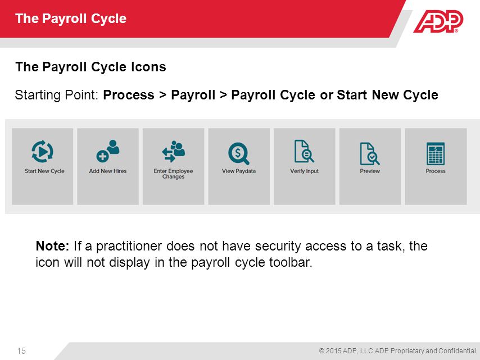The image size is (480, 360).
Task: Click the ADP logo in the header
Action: (x=438, y=21)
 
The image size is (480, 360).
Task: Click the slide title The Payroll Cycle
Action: (x=71, y=19)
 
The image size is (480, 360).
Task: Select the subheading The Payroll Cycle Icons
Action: (x=90, y=67)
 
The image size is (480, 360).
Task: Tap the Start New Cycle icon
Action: (x=43, y=152)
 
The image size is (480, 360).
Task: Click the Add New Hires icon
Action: (x=108, y=151)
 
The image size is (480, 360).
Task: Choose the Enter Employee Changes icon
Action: (x=173, y=151)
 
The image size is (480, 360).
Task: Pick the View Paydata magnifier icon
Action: (x=238, y=153)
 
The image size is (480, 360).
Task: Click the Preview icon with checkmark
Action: (x=369, y=152)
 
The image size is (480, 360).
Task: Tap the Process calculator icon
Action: (x=436, y=153)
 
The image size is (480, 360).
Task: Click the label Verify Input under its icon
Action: (x=304, y=171)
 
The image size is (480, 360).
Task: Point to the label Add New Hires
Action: (x=108, y=171)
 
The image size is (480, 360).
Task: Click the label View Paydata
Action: (x=239, y=171)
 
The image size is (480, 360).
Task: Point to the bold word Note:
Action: (x=52, y=246)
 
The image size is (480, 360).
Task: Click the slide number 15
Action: (x=21, y=351)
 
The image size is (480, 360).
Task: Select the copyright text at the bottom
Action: (x=397, y=351)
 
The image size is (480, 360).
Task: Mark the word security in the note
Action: (x=278, y=246)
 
